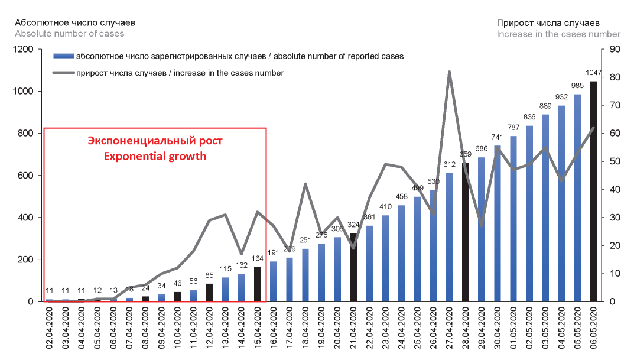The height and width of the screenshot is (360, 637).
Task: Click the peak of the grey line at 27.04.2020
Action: (449, 72)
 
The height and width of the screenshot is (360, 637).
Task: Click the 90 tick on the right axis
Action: (613, 50)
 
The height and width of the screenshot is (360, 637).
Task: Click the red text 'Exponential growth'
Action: (155, 157)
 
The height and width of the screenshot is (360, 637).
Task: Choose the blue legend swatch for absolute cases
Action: (63, 57)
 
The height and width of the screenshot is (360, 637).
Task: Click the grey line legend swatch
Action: (63, 73)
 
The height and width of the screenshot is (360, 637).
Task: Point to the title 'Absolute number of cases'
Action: (69, 34)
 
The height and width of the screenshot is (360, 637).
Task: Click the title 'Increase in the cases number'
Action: (558, 34)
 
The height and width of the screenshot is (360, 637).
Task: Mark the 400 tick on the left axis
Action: (26, 218)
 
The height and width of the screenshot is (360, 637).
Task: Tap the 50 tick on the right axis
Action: (613, 161)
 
